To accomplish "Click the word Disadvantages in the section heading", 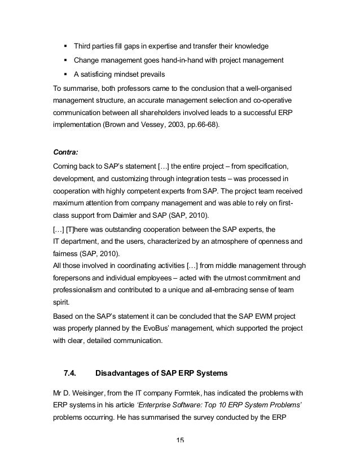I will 124,372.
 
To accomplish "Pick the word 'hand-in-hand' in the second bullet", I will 166,60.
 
